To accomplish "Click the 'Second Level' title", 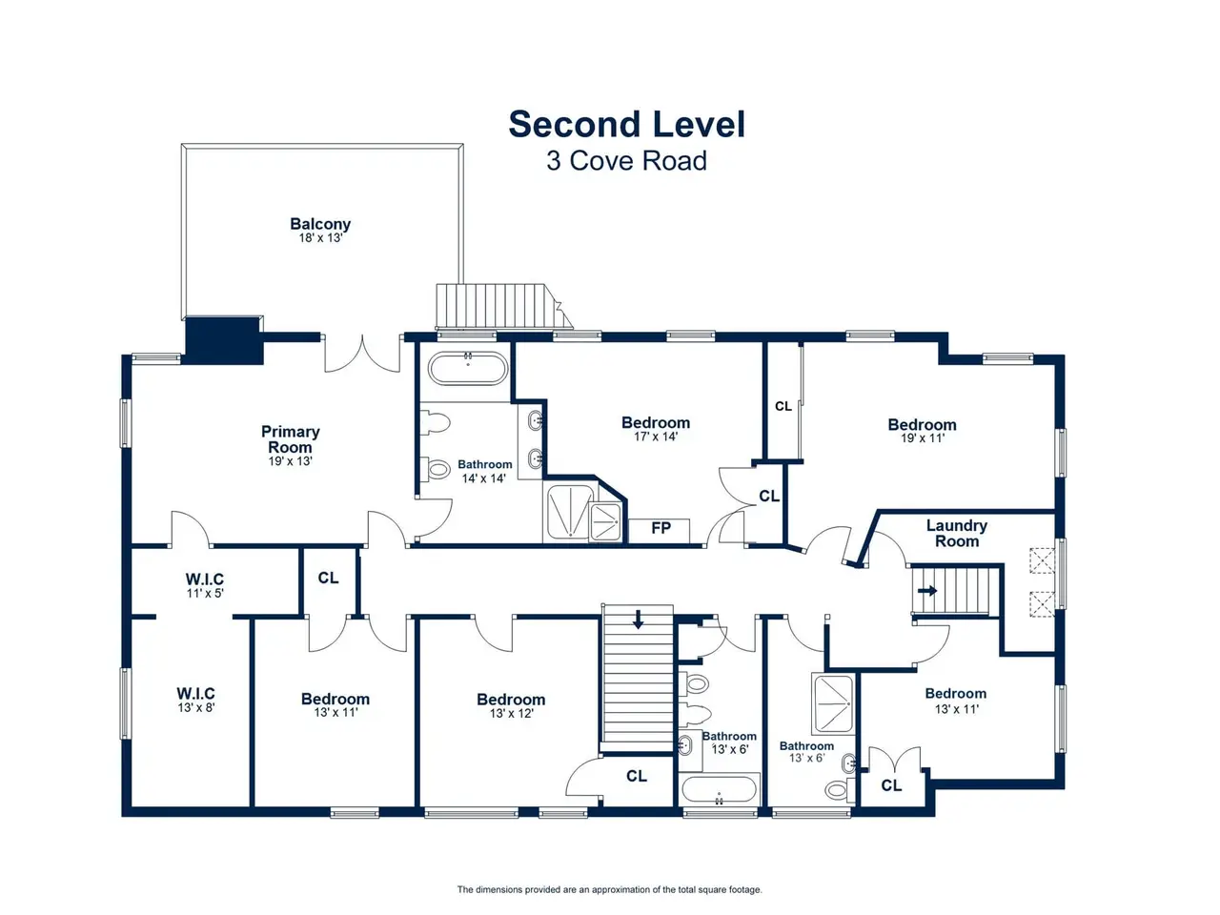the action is pyautogui.click(x=626, y=124).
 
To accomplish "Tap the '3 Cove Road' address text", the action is pyautogui.click(x=626, y=161).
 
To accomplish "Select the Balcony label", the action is pyautogui.click(x=320, y=230).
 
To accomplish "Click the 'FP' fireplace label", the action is pyautogui.click(x=661, y=528).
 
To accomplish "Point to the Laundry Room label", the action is pyautogui.click(x=957, y=534).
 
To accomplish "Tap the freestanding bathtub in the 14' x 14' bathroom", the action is pyautogui.click(x=468, y=368).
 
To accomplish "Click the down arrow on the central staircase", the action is pyautogui.click(x=638, y=620).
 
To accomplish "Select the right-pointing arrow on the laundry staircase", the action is pyautogui.click(x=927, y=591).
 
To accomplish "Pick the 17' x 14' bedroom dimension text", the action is pyautogui.click(x=656, y=437).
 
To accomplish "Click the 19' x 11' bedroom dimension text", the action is pyautogui.click(x=922, y=438).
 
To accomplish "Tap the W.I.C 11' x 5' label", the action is pyautogui.click(x=205, y=586).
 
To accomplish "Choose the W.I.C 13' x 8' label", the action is pyautogui.click(x=195, y=700).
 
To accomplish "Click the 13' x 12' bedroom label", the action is pyautogui.click(x=511, y=706).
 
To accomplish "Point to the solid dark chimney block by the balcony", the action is pyautogui.click(x=223, y=340).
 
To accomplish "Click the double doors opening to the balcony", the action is pyautogui.click(x=362, y=354).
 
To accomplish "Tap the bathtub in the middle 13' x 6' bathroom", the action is pyautogui.click(x=719, y=790).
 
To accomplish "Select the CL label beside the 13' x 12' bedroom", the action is pyautogui.click(x=637, y=776).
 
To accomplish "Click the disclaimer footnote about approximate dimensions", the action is pyautogui.click(x=609, y=889).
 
